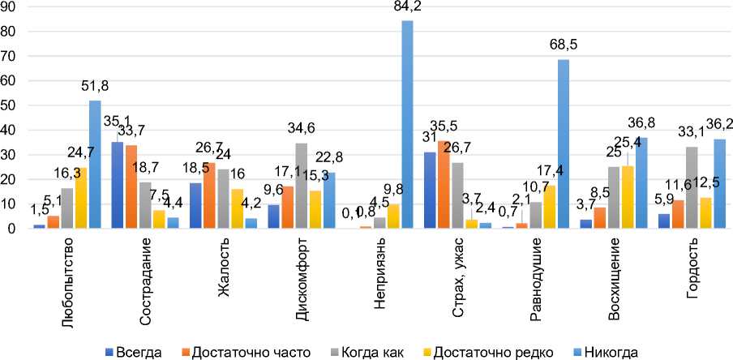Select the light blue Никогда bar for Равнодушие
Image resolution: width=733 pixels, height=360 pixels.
[564, 144]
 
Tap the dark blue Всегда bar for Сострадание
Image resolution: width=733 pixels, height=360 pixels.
[117, 186]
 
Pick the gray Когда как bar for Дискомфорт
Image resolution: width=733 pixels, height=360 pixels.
[302, 186]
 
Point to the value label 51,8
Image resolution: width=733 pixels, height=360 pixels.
[95, 87]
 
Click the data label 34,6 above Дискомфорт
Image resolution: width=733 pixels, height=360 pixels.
[302, 130]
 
